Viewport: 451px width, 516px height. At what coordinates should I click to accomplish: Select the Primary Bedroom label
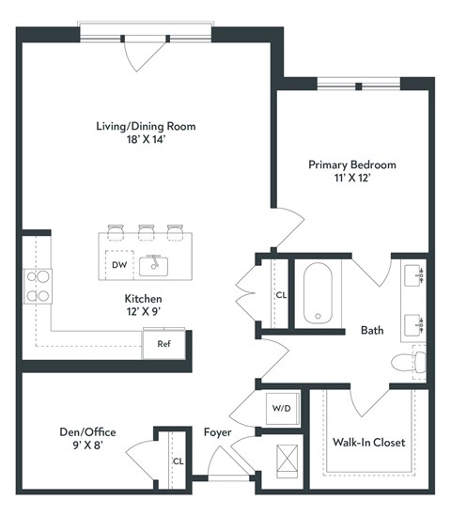coord(352,164)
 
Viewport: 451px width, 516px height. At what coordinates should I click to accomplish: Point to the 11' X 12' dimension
coord(352,180)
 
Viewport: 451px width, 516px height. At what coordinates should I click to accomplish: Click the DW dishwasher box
coord(119,265)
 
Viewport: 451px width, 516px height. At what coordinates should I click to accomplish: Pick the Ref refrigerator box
coord(163,343)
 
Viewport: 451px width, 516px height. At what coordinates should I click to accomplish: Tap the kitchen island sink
coord(153,265)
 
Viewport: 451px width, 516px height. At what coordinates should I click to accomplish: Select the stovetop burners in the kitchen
coord(38,286)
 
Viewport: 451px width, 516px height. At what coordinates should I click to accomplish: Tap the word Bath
coord(373,330)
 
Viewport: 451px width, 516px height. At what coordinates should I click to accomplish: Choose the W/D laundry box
coord(281,408)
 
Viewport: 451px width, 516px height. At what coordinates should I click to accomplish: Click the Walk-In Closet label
coord(369,441)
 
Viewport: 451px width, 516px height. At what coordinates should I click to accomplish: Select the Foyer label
coord(218,431)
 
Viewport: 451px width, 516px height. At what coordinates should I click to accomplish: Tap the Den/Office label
coord(86,431)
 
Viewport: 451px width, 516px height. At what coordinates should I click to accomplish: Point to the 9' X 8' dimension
coord(86,447)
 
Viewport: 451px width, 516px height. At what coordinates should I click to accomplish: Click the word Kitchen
coord(125,297)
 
